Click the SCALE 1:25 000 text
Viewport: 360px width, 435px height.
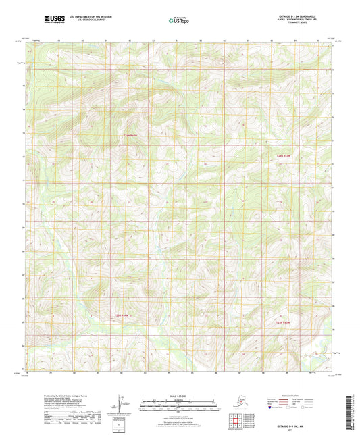[179, 397]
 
